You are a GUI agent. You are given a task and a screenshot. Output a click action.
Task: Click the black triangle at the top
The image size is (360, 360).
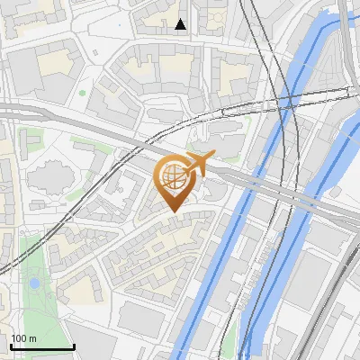coord(181,24)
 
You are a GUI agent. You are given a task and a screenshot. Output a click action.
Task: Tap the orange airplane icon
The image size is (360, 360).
coord(196,165)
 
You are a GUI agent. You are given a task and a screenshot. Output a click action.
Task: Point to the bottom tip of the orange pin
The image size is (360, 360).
coord(172,211)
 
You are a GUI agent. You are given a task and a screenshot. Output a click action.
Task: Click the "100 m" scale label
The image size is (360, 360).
coord(23,338)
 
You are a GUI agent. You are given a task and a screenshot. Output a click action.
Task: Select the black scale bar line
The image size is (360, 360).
coord(41,346)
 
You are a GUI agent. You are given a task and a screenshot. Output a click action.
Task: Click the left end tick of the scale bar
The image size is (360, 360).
coord(10,345)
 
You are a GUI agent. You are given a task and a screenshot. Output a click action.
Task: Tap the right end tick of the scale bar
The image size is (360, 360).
coord(73,345)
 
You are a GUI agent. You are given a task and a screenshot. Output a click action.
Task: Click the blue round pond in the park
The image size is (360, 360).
coord(34,283)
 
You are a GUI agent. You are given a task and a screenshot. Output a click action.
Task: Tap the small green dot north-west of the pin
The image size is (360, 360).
coord(83,92)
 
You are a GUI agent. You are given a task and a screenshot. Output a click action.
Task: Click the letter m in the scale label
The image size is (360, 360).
coord(31,338)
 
